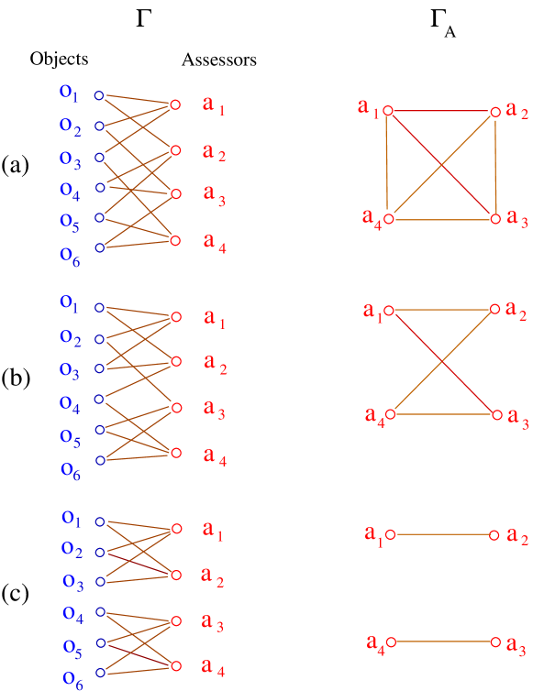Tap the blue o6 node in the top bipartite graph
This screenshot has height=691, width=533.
(x=99, y=247)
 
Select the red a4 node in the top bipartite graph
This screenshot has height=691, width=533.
(x=175, y=241)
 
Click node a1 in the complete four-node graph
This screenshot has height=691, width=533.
(x=388, y=110)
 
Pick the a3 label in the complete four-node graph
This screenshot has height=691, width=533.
(x=517, y=220)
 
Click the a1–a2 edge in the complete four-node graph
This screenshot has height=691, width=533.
(x=441, y=111)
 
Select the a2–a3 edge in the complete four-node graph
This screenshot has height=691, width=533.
(x=495, y=165)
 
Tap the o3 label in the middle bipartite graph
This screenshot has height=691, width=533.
(x=70, y=370)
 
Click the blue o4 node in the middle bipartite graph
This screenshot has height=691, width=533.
(x=99, y=399)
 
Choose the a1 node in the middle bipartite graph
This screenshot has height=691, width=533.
(x=176, y=317)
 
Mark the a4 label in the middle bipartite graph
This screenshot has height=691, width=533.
(x=215, y=455)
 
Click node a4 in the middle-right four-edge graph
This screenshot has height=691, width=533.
(x=389, y=414)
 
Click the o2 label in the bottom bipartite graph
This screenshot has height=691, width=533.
(x=72, y=550)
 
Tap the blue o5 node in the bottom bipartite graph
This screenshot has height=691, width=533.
(x=100, y=643)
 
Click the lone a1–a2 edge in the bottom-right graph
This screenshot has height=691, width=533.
(x=442, y=533)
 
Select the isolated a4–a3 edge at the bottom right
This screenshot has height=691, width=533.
(x=442, y=642)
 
